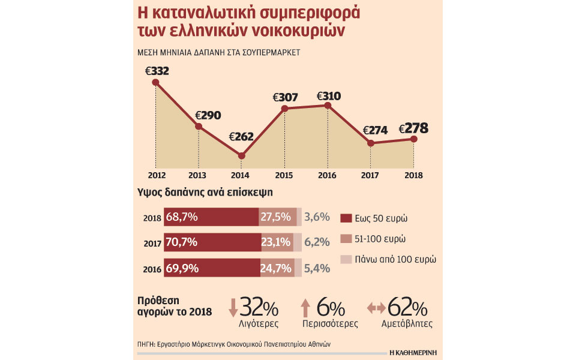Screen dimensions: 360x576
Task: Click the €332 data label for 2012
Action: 157,71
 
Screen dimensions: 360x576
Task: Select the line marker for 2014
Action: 241,155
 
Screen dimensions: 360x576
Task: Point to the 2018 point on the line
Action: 413,139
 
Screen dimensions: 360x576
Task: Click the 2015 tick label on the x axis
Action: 284,176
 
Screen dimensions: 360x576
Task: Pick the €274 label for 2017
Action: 375,130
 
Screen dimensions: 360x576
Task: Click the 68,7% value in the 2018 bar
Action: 182,217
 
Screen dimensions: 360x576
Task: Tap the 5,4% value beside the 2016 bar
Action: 317,268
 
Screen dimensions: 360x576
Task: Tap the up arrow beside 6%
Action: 305,308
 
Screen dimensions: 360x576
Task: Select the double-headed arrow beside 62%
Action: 376,308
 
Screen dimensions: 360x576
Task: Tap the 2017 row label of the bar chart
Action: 152,243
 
